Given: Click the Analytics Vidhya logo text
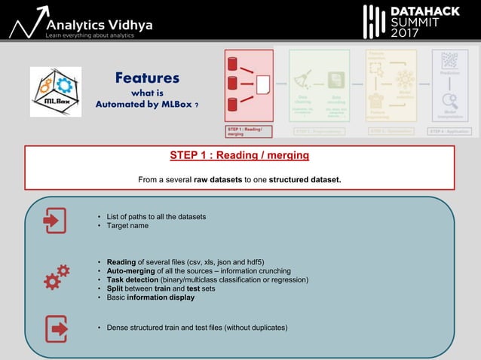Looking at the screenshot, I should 100,25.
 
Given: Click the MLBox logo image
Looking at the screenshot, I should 56,92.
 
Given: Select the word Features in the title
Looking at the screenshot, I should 147,78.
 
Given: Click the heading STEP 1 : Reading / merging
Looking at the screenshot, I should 239,156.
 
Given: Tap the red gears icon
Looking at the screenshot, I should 57,277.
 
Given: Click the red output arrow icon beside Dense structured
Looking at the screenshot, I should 56,328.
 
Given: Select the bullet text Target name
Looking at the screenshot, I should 128,226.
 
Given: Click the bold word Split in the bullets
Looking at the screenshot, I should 117,288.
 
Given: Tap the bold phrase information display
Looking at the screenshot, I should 161,297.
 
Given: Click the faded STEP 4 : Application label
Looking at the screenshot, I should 449,131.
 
